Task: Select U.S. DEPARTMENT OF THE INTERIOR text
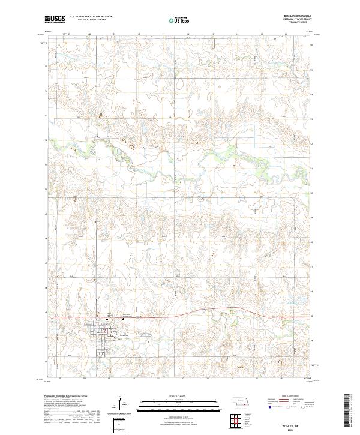coord(91,16)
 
